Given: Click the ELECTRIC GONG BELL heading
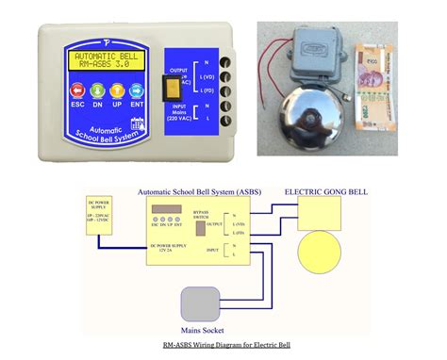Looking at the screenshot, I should pyautogui.click(x=325, y=190).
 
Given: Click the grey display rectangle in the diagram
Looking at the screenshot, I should pyautogui.click(x=168, y=208).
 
